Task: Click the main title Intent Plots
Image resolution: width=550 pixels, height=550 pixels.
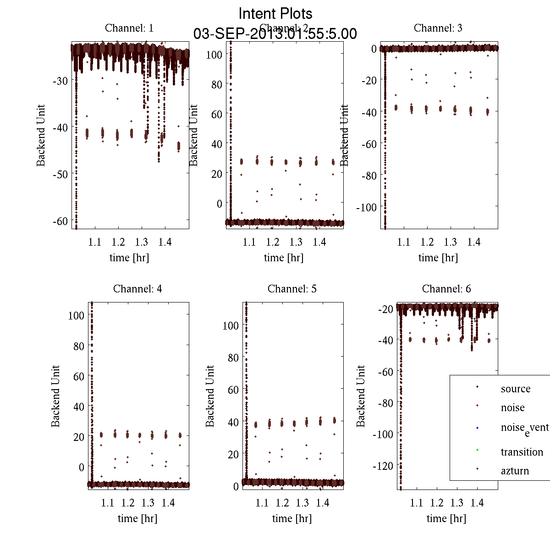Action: coord(275,13)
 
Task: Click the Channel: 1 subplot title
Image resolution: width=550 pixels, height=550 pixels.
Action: coord(129,28)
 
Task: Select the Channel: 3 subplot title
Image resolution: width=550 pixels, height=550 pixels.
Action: coord(438,28)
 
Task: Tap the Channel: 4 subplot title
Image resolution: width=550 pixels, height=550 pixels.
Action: coord(137,289)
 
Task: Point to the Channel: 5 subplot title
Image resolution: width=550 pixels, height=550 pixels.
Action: coord(292,289)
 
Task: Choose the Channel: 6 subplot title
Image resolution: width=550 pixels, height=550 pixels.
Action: coord(446,289)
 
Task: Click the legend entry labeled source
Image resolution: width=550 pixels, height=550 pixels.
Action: coord(515,389)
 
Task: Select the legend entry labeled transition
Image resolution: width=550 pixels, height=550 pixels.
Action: coord(522,452)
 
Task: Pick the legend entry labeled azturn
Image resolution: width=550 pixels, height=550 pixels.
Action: coord(514,471)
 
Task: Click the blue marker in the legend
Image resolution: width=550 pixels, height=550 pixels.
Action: coord(477,428)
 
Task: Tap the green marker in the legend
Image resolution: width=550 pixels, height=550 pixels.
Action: coord(477,450)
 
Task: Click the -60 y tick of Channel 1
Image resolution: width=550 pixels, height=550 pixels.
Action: coord(60,221)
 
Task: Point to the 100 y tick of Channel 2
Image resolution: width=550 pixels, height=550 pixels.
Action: coord(214,54)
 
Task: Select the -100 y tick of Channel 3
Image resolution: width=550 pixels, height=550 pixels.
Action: coord(366,207)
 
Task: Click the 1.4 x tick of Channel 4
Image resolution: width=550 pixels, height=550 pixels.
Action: coord(168,503)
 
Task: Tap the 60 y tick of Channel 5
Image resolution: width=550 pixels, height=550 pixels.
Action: coord(233,390)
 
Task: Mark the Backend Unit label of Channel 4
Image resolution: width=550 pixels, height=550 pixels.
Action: coord(55,396)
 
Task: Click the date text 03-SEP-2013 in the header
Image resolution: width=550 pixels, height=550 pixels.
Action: coord(233,34)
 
